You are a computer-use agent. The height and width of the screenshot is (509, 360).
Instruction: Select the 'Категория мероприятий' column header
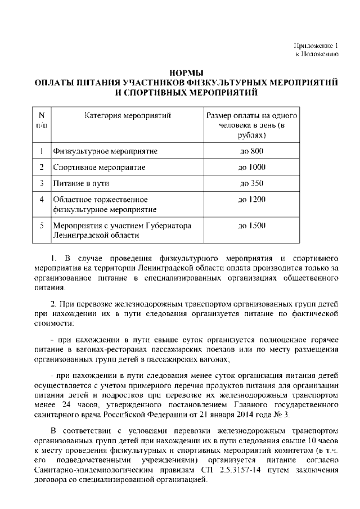click(x=128, y=116)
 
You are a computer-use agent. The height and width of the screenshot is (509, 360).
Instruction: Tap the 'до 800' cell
click(x=251, y=151)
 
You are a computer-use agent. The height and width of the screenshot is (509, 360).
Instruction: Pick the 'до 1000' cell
click(x=252, y=167)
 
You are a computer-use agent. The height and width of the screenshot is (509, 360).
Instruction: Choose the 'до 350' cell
click(x=251, y=183)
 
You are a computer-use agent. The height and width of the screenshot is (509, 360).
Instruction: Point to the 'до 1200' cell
click(x=252, y=200)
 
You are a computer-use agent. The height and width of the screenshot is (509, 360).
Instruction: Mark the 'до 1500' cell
click(x=252, y=226)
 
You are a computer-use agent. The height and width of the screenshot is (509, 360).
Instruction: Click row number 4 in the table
click(x=42, y=200)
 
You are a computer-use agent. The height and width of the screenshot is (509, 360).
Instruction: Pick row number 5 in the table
click(x=42, y=226)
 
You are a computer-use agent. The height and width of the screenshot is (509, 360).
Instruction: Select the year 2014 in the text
click(x=254, y=415)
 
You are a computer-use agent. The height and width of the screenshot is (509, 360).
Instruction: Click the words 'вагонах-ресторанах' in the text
click(x=109, y=349)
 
